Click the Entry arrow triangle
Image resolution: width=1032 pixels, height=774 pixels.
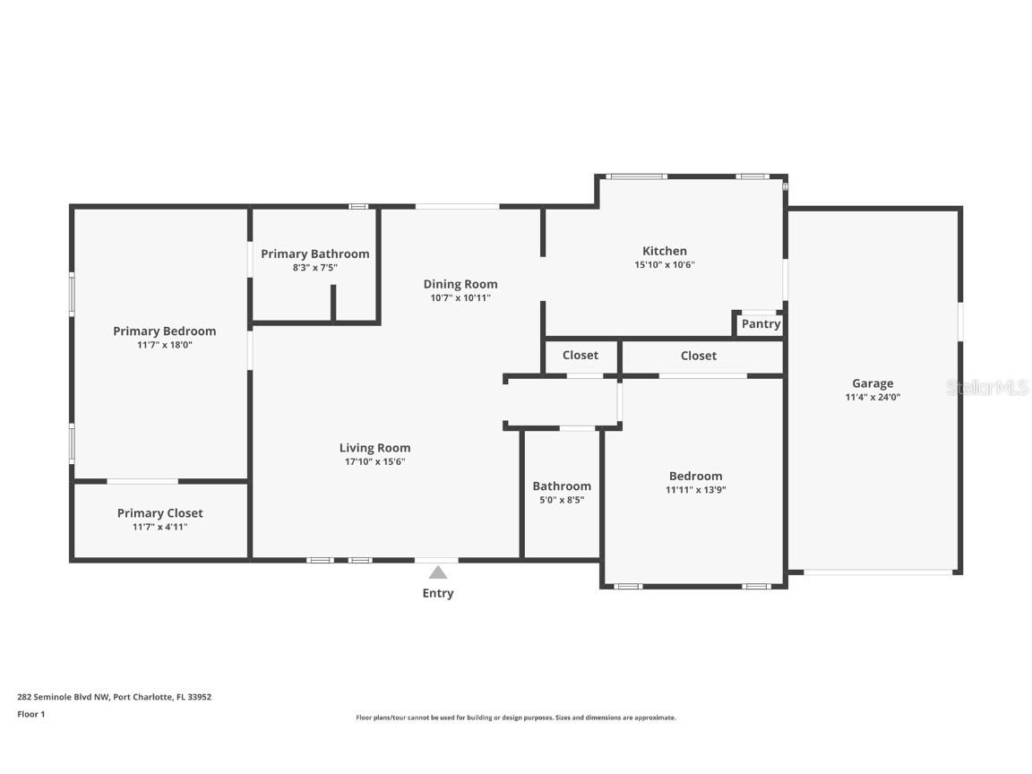coord(437,572)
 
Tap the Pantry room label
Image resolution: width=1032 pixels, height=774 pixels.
coord(761,324)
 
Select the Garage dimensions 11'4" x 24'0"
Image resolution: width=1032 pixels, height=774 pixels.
coord(873,397)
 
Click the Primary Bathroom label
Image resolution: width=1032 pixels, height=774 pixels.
coord(314,254)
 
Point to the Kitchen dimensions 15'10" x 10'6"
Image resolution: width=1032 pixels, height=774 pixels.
coord(664,264)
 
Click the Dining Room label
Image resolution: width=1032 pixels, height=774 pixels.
coord(460,284)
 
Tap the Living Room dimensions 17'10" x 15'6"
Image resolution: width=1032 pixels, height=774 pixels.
coord(374,461)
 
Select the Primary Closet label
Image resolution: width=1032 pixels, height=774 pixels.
coord(159,513)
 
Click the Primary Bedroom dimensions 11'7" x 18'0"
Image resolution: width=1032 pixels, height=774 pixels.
coord(164,344)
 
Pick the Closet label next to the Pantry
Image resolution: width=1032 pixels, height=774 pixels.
coord(698,356)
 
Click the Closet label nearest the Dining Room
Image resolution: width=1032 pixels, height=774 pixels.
coord(580,356)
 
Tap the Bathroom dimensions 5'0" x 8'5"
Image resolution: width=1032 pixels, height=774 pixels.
coord(562,500)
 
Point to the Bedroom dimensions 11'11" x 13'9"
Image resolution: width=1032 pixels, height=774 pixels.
coord(695,490)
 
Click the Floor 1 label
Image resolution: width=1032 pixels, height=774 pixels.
coord(30,714)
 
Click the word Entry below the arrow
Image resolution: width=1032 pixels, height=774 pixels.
coord(437,593)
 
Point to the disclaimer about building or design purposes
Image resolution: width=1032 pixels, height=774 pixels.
coord(516,718)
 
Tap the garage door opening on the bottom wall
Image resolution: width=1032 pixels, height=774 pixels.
coord(877,572)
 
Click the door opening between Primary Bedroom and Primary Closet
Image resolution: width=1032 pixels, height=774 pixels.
coord(142,482)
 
